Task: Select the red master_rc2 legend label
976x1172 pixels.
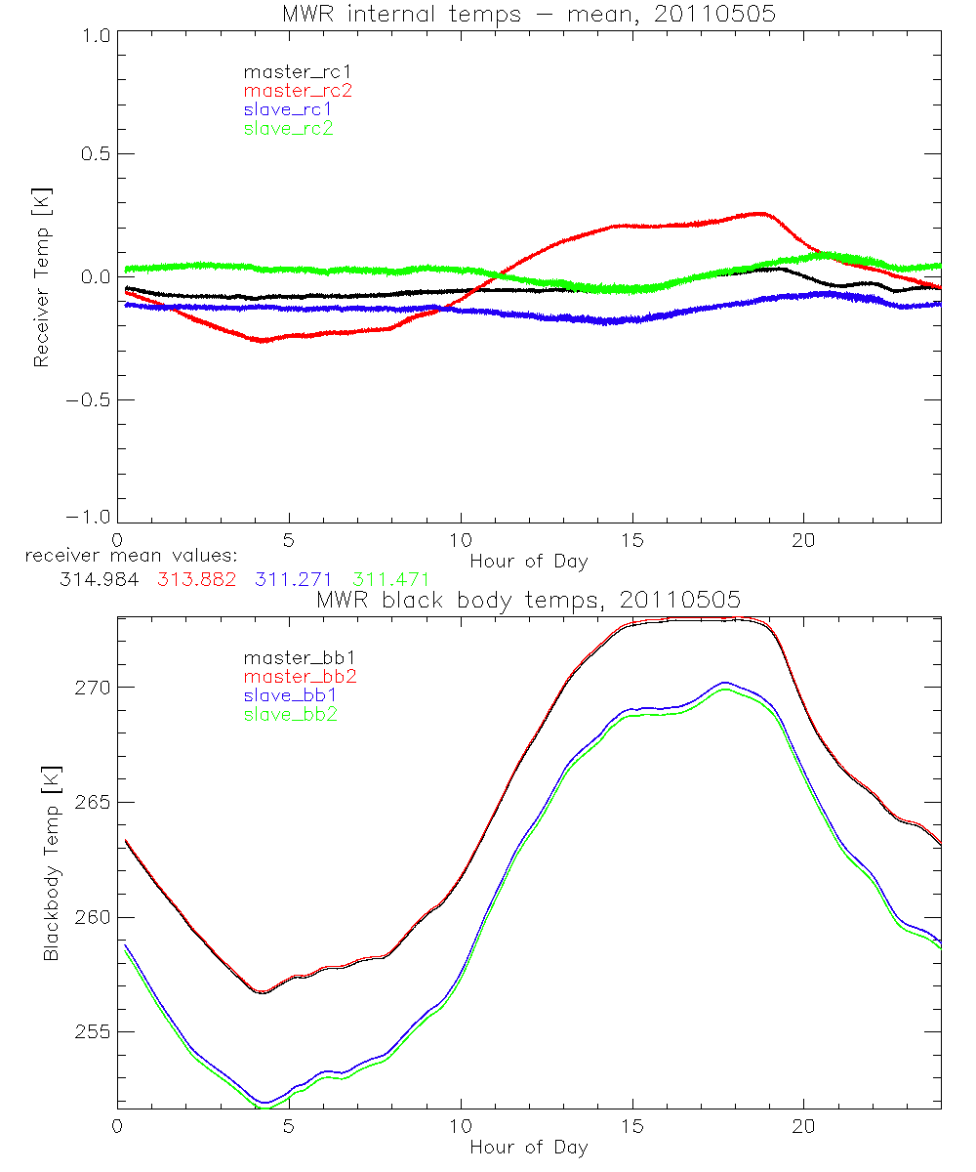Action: [297, 90]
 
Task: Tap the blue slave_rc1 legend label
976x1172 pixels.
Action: [288, 109]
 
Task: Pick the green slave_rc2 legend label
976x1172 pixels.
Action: [288, 128]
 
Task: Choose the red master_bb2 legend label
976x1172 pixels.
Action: [297, 676]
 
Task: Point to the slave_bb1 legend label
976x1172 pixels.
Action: [288, 695]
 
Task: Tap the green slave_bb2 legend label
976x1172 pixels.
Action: [288, 714]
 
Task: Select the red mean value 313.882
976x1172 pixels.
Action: [193, 578]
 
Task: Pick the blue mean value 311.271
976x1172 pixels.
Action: [290, 578]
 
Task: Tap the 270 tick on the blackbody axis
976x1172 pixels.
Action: [93, 688]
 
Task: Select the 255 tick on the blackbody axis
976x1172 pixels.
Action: [93, 1032]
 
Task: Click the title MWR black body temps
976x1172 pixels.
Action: [528, 599]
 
